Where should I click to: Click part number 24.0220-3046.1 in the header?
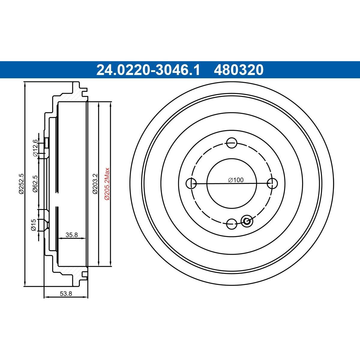point(148,70)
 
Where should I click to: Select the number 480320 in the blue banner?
point(238,70)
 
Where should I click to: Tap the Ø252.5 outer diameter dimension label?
point(21,184)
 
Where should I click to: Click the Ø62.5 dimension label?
point(35,184)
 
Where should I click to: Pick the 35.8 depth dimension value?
point(72,235)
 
